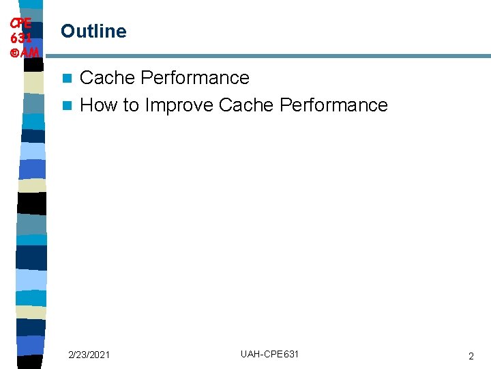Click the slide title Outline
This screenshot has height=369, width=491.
coord(93,31)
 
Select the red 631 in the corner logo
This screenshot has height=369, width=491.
coord(20,38)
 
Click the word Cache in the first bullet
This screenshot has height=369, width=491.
coord(108,78)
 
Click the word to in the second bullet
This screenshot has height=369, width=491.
coord(131,105)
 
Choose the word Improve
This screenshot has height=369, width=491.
coord(179,105)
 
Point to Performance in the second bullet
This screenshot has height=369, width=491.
coord(333,105)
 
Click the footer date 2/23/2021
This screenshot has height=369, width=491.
coord(89,355)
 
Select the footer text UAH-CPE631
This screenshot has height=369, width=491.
coord(269,354)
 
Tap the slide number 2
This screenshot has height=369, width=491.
coord(471,356)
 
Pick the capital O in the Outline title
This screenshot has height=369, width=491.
coord(68,31)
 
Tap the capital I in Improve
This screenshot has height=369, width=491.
coord(147,105)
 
